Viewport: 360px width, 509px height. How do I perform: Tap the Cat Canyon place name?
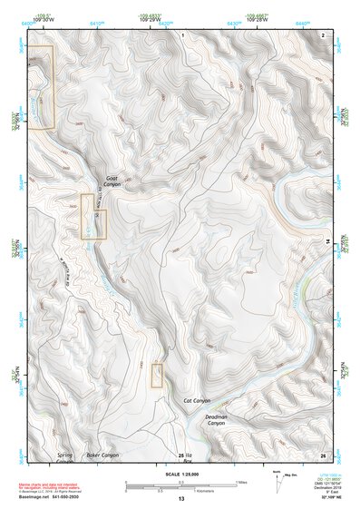pyautogui.click(x=197, y=400)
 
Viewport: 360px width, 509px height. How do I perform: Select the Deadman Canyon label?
pyautogui.click(x=216, y=420)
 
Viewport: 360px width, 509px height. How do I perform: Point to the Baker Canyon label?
pyautogui.click(x=102, y=455)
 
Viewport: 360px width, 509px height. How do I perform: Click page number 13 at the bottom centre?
pyautogui.click(x=180, y=499)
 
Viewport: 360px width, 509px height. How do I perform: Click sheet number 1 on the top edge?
pyautogui.click(x=182, y=34)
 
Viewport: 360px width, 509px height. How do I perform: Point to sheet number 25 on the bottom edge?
pyautogui.click(x=181, y=455)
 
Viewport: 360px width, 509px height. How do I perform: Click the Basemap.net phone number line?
pyautogui.click(x=52, y=496)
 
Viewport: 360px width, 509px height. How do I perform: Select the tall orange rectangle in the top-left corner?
pyautogui.click(x=41, y=86)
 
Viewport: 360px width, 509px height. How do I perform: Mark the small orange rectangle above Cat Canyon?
pyautogui.click(x=157, y=375)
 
